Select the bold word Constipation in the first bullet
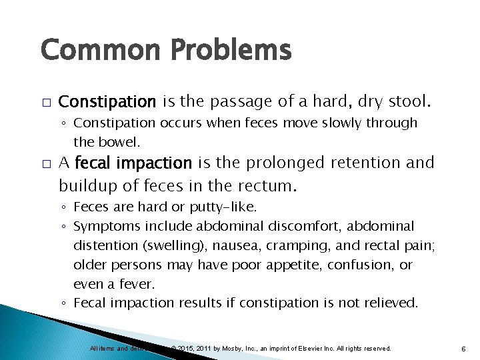click(107, 101)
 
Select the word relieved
click(390, 303)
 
